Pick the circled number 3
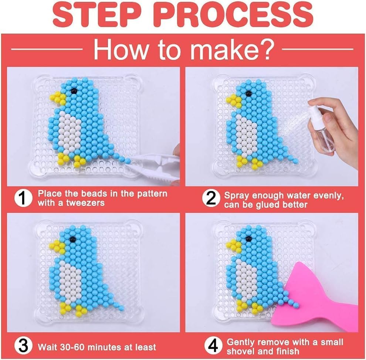tap(23, 346)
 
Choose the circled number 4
tap(213, 346)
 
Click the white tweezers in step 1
tap(154, 167)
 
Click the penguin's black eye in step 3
tap(72, 239)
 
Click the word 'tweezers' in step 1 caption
tap(85, 203)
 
